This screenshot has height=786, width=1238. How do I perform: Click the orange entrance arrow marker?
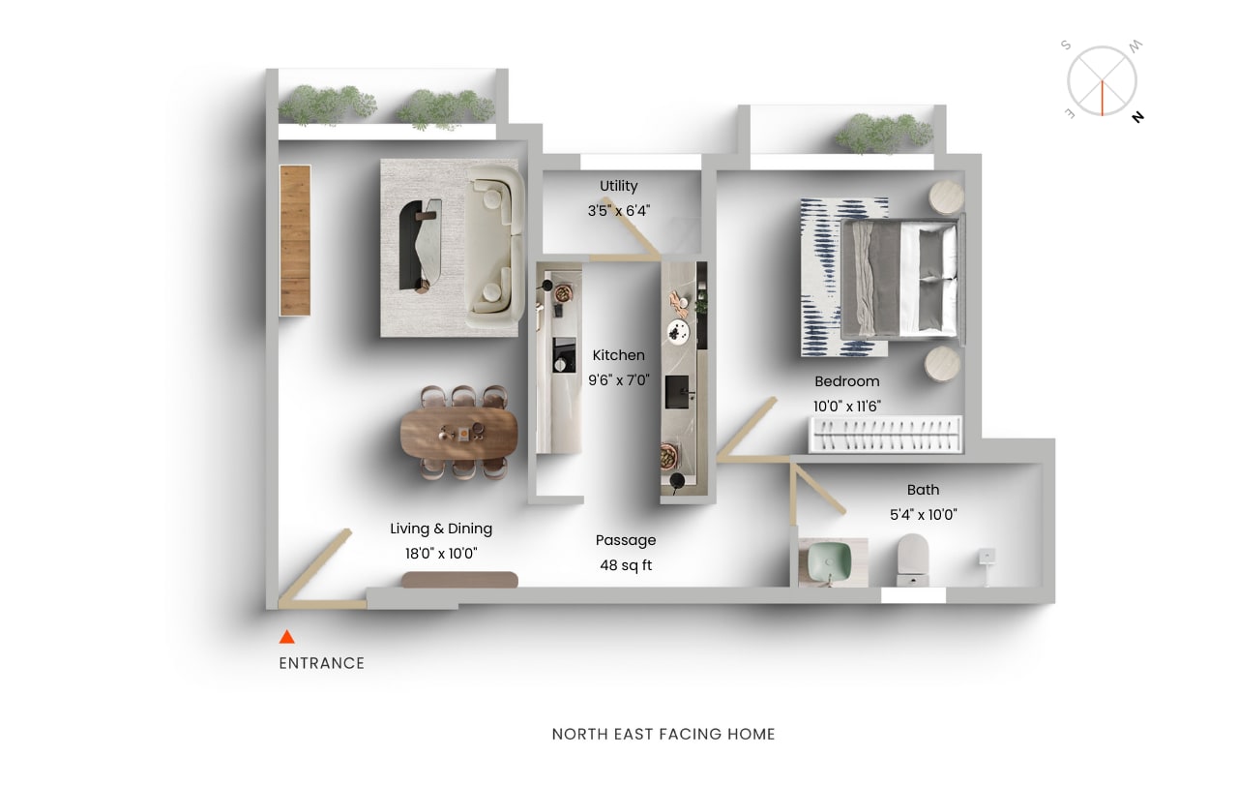click(x=287, y=637)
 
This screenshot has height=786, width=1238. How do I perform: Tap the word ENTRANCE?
click(x=322, y=663)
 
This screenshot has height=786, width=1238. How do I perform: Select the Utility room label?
click(x=619, y=186)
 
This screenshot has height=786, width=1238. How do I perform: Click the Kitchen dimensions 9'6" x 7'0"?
click(x=619, y=380)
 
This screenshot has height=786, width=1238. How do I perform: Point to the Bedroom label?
click(x=847, y=381)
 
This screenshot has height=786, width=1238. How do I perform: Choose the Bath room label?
click(x=923, y=490)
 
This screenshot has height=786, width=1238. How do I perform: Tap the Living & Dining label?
click(x=441, y=529)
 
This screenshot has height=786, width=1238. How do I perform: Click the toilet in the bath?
click(x=912, y=559)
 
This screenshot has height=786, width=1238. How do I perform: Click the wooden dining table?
click(x=458, y=433)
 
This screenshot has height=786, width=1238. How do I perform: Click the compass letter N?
click(x=1138, y=117)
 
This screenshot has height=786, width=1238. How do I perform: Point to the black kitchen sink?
click(x=677, y=392)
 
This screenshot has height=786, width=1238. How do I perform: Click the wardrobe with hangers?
click(x=886, y=434)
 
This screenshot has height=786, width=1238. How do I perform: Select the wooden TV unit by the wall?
click(x=295, y=240)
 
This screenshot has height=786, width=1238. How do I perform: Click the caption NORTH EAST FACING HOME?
click(x=663, y=734)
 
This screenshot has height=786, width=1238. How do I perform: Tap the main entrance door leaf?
click(x=314, y=565)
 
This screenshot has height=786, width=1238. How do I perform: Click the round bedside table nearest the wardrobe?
click(x=942, y=364)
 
